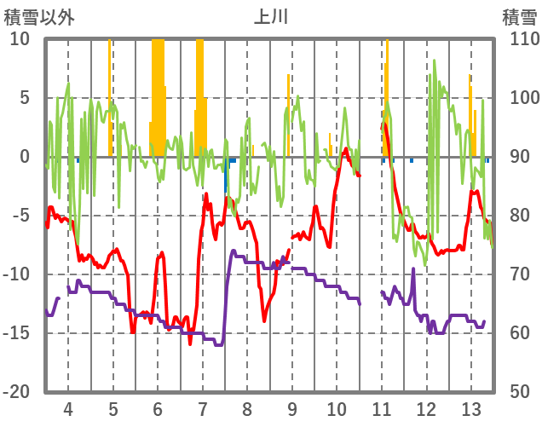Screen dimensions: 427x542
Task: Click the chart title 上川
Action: click(271, 17)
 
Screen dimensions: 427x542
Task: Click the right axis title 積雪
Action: click(518, 17)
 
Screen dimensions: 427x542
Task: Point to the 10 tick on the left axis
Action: click(20, 39)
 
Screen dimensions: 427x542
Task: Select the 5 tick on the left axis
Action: click(25, 98)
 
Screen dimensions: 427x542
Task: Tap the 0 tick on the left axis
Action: click(25, 157)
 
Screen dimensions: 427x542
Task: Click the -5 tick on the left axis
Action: click(22, 216)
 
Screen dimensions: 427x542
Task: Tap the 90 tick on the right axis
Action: click(518, 157)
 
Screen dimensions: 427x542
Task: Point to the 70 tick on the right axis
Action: click(518, 274)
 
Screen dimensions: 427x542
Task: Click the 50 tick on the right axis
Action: click(518, 392)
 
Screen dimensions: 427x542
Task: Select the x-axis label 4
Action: click(68, 407)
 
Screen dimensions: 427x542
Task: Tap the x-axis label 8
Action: click(247, 407)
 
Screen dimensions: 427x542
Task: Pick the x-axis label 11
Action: click(382, 407)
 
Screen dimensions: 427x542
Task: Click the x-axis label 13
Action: click(471, 407)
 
